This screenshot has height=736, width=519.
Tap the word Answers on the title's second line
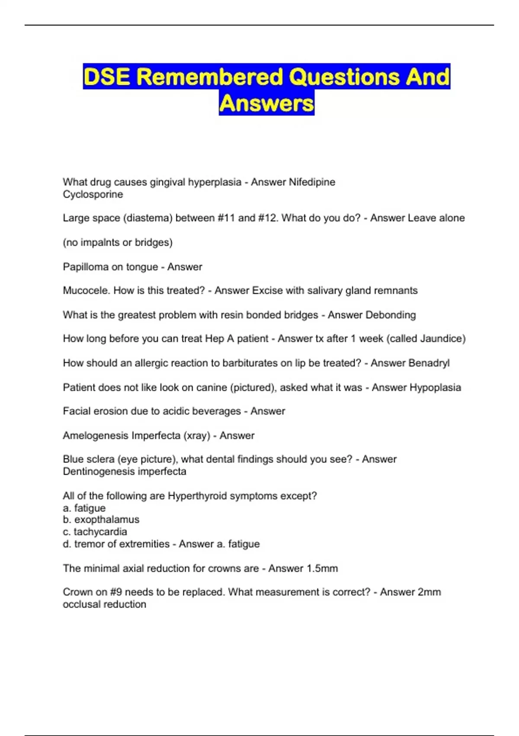pyautogui.click(x=266, y=103)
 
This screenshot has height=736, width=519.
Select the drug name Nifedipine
pyautogui.click(x=312, y=182)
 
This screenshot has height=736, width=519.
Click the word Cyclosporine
pyautogui.click(x=93, y=194)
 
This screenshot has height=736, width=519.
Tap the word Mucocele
pyautogui.click(x=86, y=291)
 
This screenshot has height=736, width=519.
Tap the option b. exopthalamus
pyautogui.click(x=101, y=519)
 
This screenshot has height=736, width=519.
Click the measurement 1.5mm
pyautogui.click(x=321, y=568)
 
